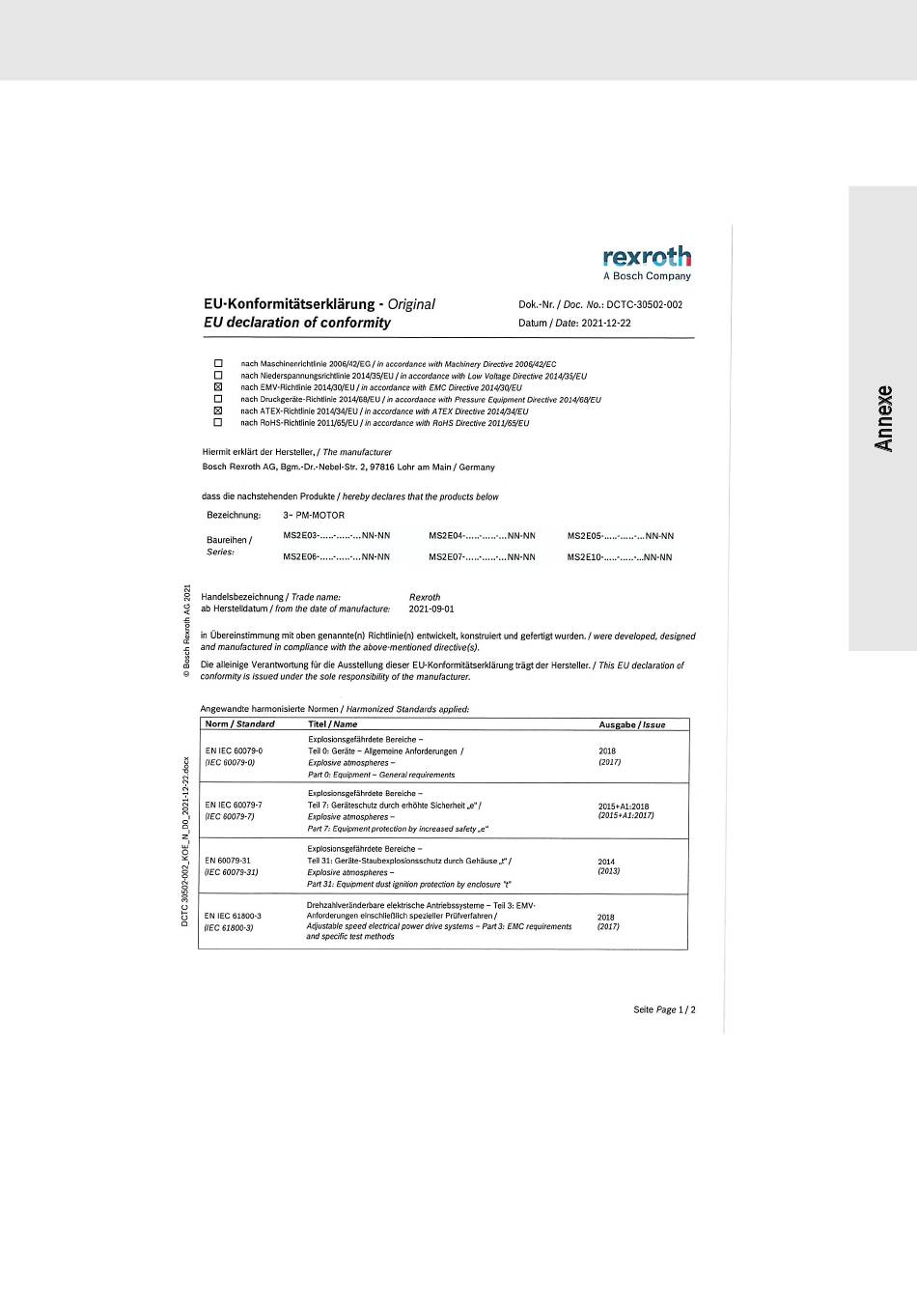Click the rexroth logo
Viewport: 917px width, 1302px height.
coord(647,257)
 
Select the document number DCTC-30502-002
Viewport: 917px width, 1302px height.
coord(644,304)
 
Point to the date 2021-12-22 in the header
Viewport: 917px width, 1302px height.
coord(606,323)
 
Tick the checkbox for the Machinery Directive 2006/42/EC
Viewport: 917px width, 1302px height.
coord(218,364)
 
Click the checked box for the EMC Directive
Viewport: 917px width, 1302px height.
coord(218,387)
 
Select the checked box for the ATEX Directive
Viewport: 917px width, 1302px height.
coord(218,410)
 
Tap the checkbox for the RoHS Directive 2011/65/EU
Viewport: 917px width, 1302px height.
coord(218,422)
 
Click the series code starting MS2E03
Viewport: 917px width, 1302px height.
coord(336,535)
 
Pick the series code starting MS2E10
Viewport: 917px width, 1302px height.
coord(619,557)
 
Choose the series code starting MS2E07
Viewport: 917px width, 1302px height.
coord(482,557)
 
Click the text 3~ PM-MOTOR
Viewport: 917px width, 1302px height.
coord(314,515)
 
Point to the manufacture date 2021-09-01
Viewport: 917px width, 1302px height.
coord(431,609)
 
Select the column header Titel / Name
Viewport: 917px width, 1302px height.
coord(332,724)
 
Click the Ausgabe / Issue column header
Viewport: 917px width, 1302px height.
coord(631,724)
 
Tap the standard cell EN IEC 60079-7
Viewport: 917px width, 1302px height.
coord(234,805)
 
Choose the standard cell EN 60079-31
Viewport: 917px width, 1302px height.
coord(228,861)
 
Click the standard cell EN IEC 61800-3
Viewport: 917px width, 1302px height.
coord(233,917)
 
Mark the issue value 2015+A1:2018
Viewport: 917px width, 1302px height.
coord(624,807)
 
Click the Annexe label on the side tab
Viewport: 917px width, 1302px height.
coord(883,418)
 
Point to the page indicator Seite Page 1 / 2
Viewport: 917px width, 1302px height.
coord(664,1009)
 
